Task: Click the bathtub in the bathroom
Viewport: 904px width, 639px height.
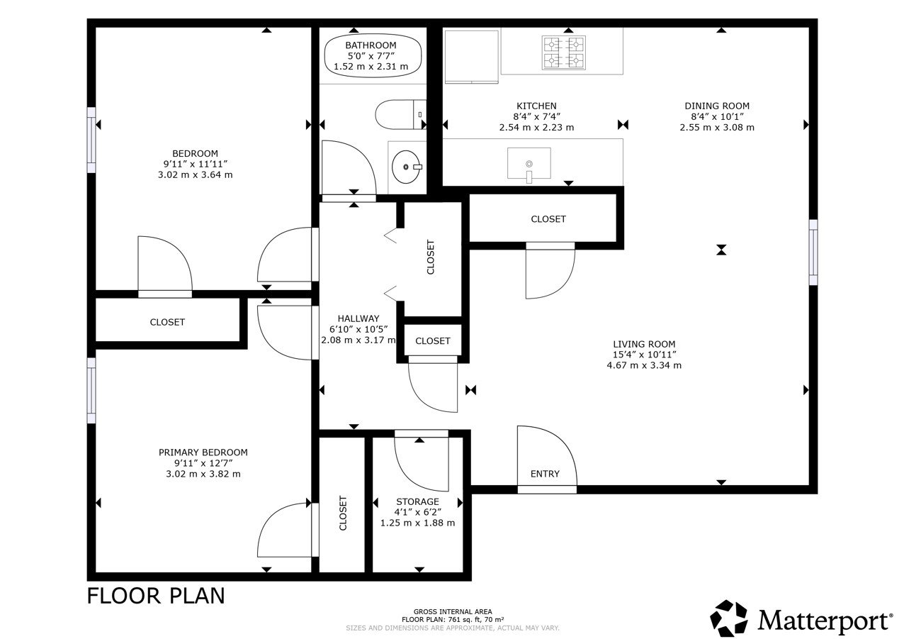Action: (x=373, y=56)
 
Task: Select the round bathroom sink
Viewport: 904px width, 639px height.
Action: (x=407, y=167)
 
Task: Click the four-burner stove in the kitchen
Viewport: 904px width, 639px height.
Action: (x=564, y=52)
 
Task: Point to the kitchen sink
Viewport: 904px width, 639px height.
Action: (x=529, y=164)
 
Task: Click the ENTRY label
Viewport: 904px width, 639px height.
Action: (x=545, y=474)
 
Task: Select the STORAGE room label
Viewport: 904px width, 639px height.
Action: (x=417, y=501)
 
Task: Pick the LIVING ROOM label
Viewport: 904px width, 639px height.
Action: (x=644, y=344)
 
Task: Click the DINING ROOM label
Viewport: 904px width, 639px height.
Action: (x=716, y=106)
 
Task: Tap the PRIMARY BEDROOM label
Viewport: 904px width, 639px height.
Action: (x=203, y=452)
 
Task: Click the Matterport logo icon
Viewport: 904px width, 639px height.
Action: (x=729, y=618)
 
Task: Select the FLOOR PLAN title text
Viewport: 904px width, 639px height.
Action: (x=156, y=596)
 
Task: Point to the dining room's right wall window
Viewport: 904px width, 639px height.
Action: (x=813, y=252)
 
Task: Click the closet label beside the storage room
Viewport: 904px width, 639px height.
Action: (x=343, y=513)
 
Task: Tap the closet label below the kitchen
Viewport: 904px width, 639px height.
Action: (x=548, y=219)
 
